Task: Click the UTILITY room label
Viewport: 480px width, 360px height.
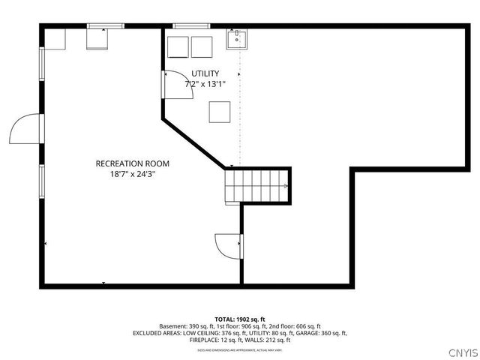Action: (205, 73)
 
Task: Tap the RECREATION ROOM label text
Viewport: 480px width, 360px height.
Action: (132, 163)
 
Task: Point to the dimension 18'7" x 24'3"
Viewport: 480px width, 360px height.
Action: (132, 174)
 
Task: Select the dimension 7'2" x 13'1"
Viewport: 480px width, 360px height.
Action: (205, 84)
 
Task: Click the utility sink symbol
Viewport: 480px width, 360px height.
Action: (238, 39)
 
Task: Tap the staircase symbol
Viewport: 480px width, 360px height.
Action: (256, 186)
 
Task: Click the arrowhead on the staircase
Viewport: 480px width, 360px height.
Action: (286, 186)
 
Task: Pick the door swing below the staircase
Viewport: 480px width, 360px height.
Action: (228, 244)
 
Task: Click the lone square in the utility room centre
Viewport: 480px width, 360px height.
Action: (220, 111)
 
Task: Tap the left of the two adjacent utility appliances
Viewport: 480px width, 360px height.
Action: (178, 46)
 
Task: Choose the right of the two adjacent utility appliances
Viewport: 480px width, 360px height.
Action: (201, 46)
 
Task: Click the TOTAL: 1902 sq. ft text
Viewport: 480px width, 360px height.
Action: (240, 319)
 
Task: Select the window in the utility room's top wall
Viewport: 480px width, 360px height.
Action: (190, 27)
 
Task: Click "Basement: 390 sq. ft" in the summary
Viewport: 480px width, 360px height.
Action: (187, 326)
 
